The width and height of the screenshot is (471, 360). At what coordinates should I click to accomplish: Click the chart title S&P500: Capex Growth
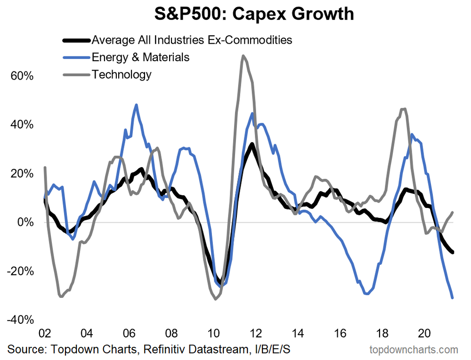point(254,15)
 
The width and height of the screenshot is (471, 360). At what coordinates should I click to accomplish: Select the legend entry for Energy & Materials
point(141,57)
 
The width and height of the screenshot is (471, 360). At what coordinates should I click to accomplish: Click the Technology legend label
point(122,74)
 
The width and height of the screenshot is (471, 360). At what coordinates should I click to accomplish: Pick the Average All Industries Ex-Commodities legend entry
point(192,40)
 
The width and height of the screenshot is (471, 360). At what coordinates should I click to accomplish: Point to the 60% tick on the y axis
point(22,76)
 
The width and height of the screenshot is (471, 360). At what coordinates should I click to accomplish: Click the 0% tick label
point(24,222)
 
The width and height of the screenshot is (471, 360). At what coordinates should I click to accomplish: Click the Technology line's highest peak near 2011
point(243,56)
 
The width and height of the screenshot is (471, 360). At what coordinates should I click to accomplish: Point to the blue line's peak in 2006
point(136,105)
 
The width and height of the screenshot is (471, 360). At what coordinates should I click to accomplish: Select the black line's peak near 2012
point(252,144)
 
